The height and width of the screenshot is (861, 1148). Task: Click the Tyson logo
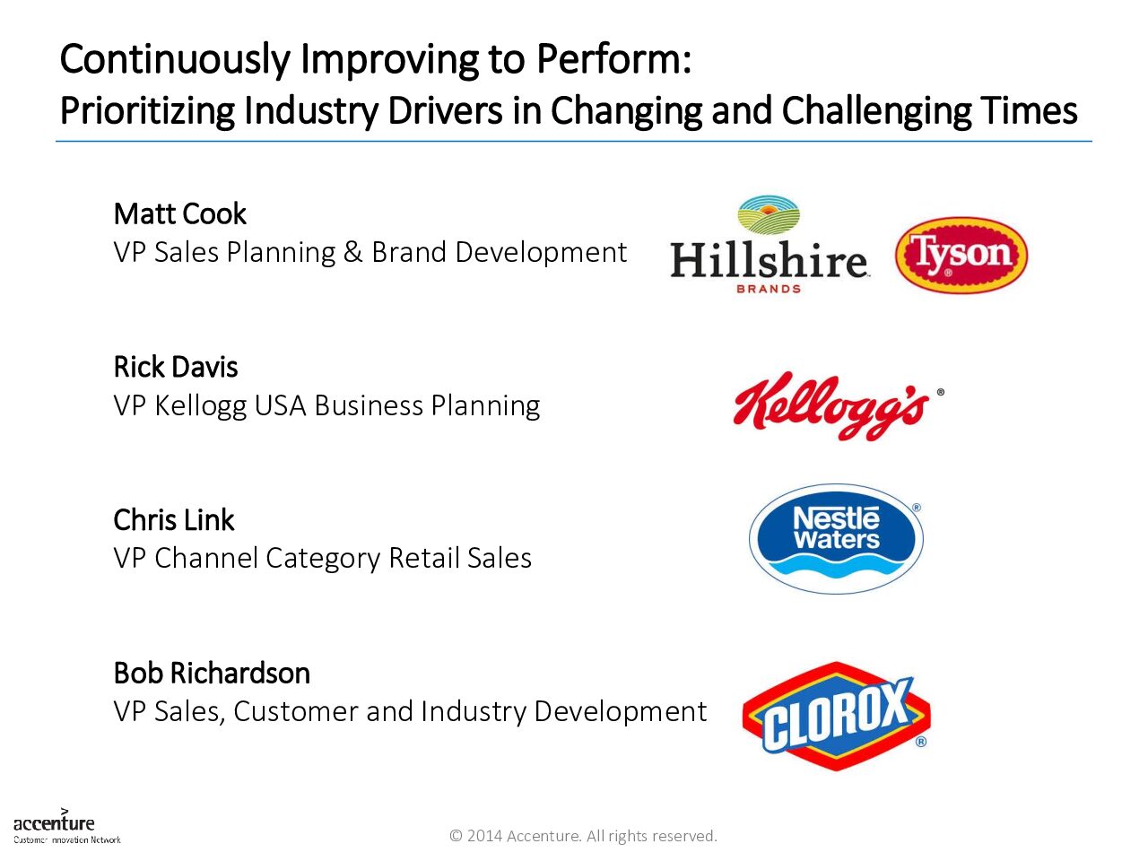tap(961, 255)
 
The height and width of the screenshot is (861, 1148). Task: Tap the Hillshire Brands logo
tap(769, 245)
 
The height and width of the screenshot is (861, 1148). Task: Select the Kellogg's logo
tap(839, 406)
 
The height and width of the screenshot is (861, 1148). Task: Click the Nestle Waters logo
tap(836, 538)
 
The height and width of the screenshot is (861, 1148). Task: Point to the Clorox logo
tap(836, 717)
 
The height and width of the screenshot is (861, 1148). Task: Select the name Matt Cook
tap(180, 213)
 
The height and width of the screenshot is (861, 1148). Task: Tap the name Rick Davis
tap(176, 367)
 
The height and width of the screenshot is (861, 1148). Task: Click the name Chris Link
tap(174, 520)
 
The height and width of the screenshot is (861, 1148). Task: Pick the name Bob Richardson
tap(212, 674)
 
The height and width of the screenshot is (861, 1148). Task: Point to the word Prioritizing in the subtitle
tap(147, 111)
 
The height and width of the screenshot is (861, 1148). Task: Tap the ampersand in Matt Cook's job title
tap(353, 252)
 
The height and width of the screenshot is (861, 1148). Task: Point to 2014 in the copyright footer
tap(485, 836)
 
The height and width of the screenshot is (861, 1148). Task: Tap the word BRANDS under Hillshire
tap(769, 289)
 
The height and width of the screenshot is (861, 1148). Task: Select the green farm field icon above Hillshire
tap(769, 215)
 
